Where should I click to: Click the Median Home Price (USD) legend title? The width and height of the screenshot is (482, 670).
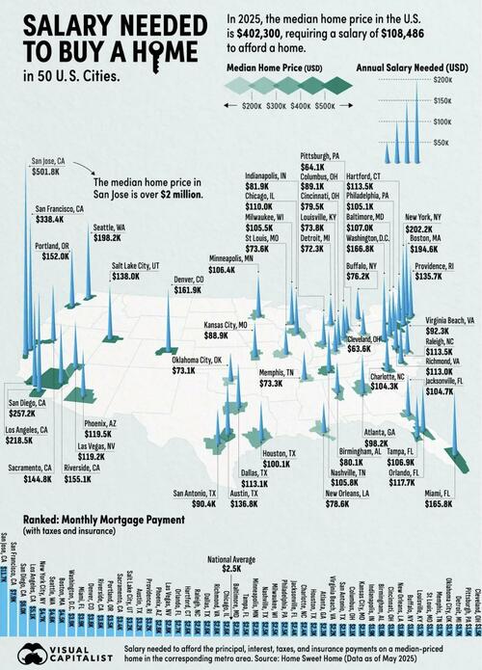[x=273, y=69]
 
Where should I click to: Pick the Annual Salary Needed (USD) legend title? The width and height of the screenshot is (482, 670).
[x=412, y=69]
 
